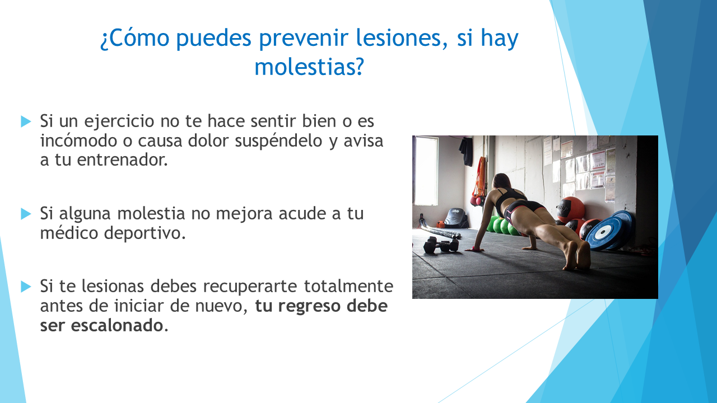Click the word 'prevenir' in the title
[303, 38]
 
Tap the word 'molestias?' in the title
[309, 67]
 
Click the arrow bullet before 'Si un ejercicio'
[26, 121]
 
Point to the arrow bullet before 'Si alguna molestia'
[26, 214]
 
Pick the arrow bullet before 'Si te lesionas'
[26, 286]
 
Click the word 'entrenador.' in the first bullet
[122, 160]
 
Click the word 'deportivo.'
[145, 233]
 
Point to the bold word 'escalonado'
[117, 325]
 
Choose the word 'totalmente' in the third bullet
[348, 286]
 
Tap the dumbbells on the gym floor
[441, 245]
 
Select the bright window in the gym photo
[426, 171]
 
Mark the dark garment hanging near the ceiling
[466, 151]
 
